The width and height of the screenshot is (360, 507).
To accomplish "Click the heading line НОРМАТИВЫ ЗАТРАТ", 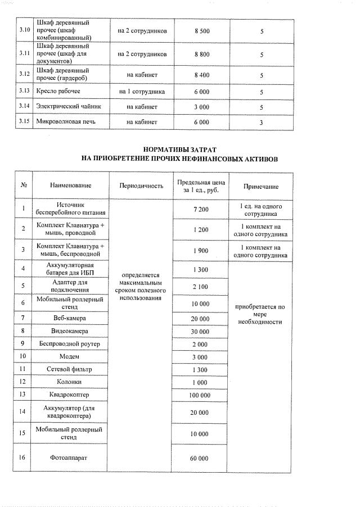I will tap(179, 150).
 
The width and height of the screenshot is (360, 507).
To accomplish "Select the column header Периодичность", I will tap(142, 186).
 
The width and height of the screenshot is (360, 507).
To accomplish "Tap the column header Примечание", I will tap(260, 186).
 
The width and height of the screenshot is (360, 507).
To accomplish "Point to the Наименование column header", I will tap(70, 186).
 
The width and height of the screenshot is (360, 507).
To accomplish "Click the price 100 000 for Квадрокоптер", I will tap(200, 395).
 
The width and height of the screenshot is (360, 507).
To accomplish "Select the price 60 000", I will tap(200, 458).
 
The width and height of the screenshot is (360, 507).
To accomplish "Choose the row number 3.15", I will tap(24, 121).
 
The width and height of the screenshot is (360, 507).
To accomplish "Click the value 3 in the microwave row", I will tap(261, 121).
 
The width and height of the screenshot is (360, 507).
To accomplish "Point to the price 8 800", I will tap(201, 54).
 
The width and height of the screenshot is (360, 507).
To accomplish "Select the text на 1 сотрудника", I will tap(142, 91).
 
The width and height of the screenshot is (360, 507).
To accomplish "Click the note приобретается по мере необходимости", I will tap(260, 314).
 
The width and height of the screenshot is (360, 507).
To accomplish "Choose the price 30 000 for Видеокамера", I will tap(200, 332).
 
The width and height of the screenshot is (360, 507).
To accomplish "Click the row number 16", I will tap(24, 458).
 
